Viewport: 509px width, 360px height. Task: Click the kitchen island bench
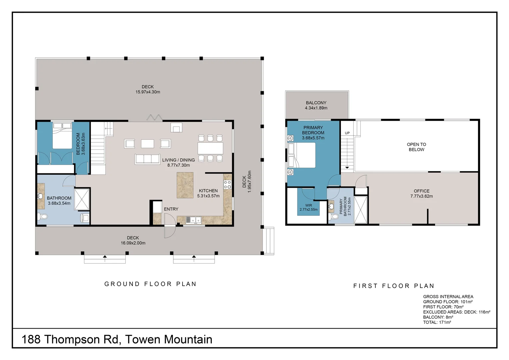point(185,185)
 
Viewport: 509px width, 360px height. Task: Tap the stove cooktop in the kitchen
point(227,185)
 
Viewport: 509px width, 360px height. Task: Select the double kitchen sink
point(194,220)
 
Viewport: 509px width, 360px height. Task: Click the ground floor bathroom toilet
point(43,216)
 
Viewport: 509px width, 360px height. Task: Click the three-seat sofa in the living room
point(147,159)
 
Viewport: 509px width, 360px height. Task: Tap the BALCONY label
point(316,103)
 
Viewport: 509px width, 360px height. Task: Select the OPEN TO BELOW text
point(416,147)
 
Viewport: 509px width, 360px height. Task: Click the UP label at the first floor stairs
point(347,133)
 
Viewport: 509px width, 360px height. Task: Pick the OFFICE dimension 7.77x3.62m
point(421,196)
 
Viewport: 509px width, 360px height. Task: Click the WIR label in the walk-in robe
point(308,205)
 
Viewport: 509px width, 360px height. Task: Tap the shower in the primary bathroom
point(360,210)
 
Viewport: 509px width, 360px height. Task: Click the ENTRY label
point(171,209)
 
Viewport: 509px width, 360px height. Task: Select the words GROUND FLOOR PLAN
point(151,284)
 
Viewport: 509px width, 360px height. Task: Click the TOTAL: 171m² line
point(437,322)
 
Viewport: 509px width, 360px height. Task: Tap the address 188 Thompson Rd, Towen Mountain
point(117,339)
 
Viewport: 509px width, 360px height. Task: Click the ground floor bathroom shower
point(82,199)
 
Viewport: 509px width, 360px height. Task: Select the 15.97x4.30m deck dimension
point(148,92)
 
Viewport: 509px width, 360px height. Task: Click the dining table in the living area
point(210,148)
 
